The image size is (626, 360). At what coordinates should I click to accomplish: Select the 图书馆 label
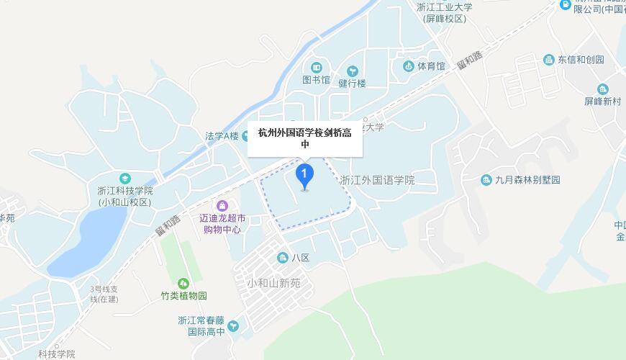[x=316, y=80]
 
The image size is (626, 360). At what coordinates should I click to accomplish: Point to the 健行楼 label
[x=352, y=83]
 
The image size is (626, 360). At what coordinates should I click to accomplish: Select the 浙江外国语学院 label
[x=377, y=180]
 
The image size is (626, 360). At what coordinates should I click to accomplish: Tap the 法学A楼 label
[x=221, y=135]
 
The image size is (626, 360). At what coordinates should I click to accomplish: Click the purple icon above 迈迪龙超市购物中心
[x=222, y=207]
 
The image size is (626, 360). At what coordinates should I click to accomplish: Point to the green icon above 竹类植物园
[x=183, y=283]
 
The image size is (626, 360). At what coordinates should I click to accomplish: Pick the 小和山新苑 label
[x=273, y=283]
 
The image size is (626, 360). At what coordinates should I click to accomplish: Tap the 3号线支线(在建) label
[x=103, y=294]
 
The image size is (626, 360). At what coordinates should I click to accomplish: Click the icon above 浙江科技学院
[x=126, y=178]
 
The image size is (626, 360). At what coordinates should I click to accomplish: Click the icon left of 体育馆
[x=409, y=67]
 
